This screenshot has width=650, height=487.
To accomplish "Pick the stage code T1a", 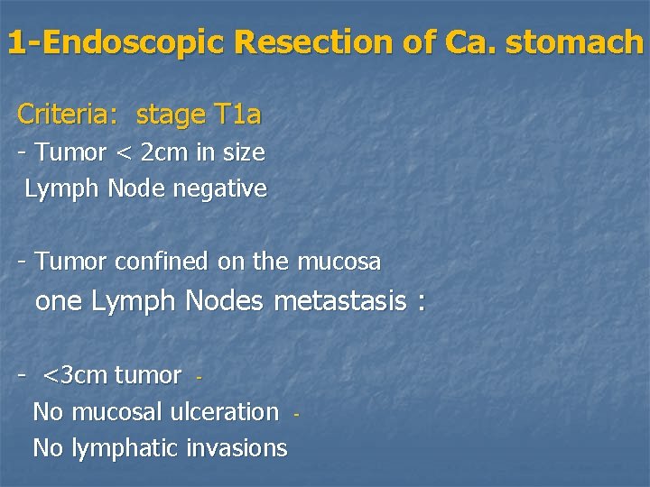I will point(237,115).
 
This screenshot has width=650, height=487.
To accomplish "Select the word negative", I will point(225,189).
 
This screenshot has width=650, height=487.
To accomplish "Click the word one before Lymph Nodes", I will point(58,301).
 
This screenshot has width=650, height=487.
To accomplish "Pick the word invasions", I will point(237,448).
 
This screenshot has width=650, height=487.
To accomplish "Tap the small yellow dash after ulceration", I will point(295,415).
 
